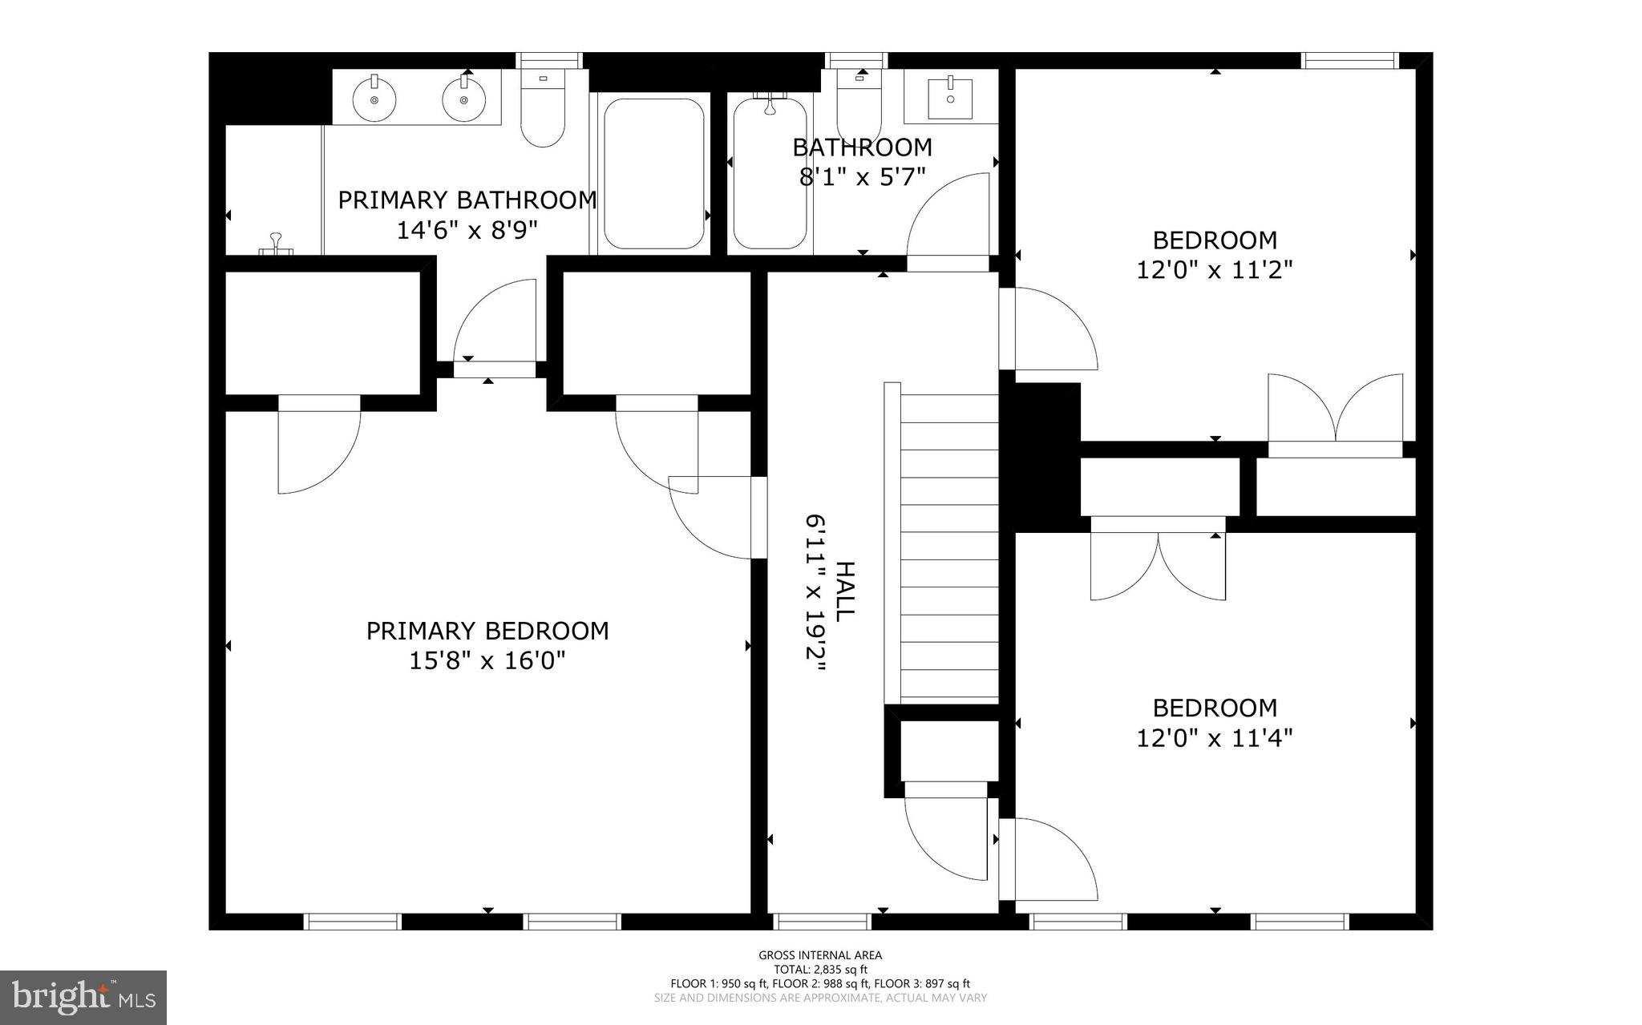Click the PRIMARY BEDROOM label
point(487,632)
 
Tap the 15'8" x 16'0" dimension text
point(487,661)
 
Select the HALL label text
point(845,592)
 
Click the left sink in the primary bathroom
point(374,99)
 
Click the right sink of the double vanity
point(463,99)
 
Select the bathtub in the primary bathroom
point(653,173)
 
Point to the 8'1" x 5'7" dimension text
point(862,177)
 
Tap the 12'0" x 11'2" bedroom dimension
point(1215,270)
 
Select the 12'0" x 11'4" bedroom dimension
point(1215,738)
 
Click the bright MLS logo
point(83,997)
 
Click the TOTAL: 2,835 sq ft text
point(820,969)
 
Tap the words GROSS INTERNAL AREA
point(820,954)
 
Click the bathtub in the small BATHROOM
point(770,173)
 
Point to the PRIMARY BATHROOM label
point(467,200)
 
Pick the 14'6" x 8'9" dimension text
point(467,231)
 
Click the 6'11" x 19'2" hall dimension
point(815,598)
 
